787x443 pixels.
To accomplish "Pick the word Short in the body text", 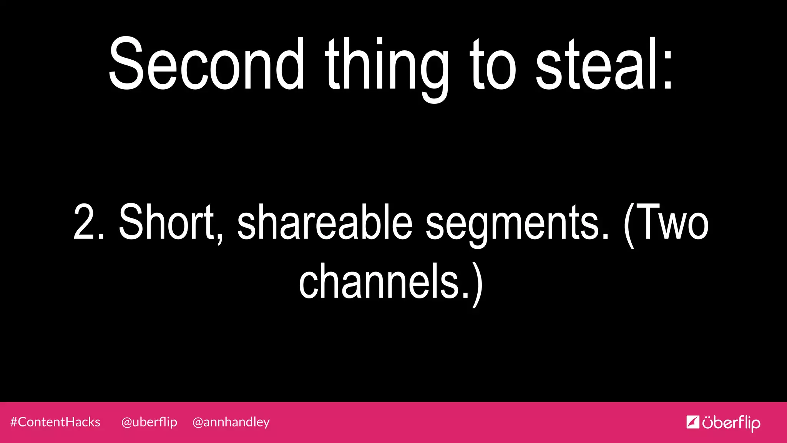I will coord(166,222).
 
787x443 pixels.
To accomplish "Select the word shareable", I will coord(325,223).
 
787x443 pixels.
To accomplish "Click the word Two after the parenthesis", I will coord(672,223).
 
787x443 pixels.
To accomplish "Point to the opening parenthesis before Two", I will coord(629,225).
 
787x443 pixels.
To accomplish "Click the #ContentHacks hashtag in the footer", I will coord(55,422).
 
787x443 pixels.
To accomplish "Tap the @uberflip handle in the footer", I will coord(149,422).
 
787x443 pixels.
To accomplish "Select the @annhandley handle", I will coord(231,422).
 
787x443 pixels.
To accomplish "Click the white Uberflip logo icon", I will coord(692,422).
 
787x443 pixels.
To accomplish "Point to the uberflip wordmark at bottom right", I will coord(731,423).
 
